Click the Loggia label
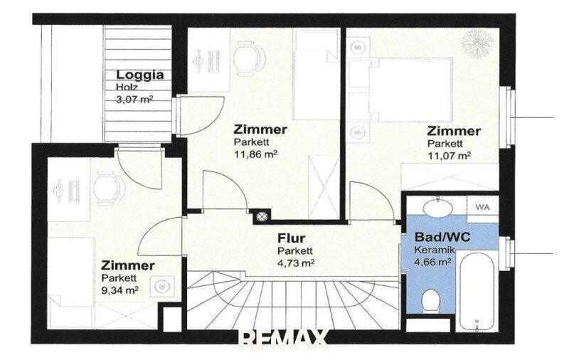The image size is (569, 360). point(139,75)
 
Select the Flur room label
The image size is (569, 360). point(292,238)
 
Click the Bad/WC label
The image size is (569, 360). point(442,237)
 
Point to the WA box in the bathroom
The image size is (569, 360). point(482,207)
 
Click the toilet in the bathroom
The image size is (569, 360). point(431,300)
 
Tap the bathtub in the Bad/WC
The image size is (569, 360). point(477,291)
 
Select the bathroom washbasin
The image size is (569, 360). point(438,206)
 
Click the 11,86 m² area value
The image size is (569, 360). point(256,154)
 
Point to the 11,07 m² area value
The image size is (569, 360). point(449,156)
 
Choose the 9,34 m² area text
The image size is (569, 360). point(119,290)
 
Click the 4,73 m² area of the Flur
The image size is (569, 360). point(296,263)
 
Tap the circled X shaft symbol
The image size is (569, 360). point(262,217)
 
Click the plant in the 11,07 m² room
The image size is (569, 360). point(477,43)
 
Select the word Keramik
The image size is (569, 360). point(435,250)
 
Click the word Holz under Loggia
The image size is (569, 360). point(127,87)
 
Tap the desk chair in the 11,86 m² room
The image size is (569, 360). point(249,58)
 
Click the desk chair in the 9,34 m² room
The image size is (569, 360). point(109,189)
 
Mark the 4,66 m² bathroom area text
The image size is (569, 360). point(432,262)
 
